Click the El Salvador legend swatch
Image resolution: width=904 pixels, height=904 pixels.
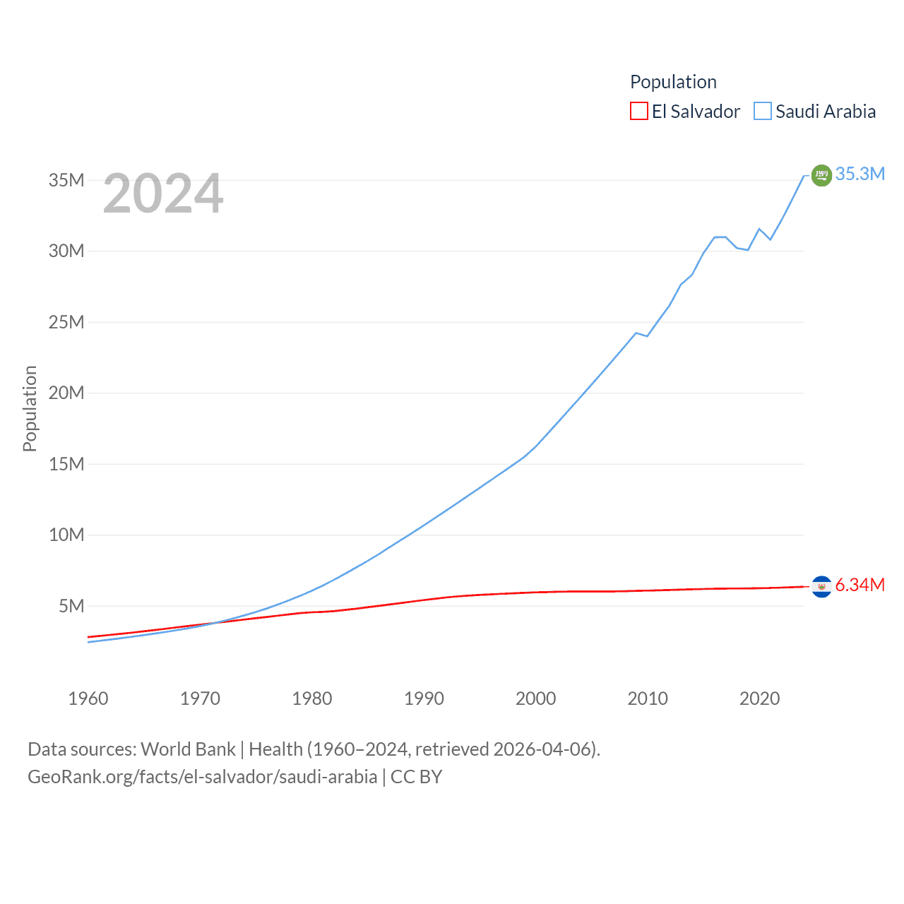click(x=638, y=112)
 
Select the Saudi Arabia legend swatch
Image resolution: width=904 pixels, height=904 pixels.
click(x=763, y=112)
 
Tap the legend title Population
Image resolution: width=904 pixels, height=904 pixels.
click(x=673, y=82)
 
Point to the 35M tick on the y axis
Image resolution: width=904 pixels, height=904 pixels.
click(x=66, y=180)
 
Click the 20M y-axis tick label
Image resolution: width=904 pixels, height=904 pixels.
click(x=66, y=393)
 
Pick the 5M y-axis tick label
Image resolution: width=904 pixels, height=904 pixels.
click(x=71, y=606)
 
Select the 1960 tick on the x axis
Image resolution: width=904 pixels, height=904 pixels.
click(x=88, y=698)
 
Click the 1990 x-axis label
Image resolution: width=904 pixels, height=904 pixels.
click(x=424, y=698)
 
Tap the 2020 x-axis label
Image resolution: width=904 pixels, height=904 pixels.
click(x=759, y=698)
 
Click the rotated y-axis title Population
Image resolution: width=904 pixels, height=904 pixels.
click(x=30, y=408)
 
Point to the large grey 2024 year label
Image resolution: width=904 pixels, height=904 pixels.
click(x=163, y=194)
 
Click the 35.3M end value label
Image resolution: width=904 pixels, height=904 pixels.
click(x=860, y=174)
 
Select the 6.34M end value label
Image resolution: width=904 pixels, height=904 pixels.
click(x=860, y=585)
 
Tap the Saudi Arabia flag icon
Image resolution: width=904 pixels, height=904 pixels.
click(x=821, y=174)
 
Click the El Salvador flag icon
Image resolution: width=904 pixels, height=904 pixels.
click(x=821, y=586)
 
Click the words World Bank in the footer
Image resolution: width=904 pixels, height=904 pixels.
click(x=188, y=749)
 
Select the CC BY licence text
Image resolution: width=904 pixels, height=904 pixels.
click(x=416, y=777)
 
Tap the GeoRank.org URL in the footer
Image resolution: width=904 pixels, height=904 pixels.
click(x=203, y=777)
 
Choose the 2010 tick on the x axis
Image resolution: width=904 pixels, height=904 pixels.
click(x=648, y=698)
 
